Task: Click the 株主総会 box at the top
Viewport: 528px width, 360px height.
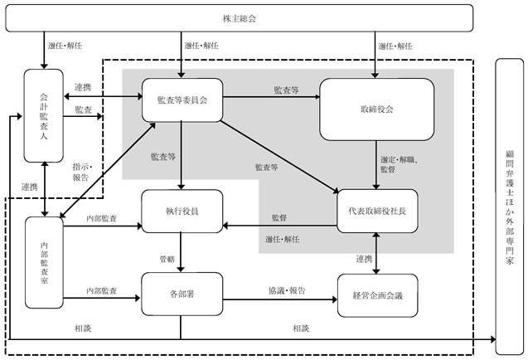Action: pyautogui.click(x=239, y=18)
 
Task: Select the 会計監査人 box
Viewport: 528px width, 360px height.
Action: pyautogui.click(x=43, y=115)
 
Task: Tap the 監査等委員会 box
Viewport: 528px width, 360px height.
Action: pyautogui.click(x=182, y=100)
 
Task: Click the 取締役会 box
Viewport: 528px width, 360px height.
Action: pyautogui.click(x=376, y=109)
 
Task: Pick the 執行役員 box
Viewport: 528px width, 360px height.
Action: pyautogui.click(x=182, y=211)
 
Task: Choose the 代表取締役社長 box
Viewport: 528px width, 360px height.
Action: pyautogui.click(x=377, y=211)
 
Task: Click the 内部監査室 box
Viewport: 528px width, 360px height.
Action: pyautogui.click(x=44, y=262)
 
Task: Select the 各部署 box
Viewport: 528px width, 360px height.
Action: pyautogui.click(x=182, y=294)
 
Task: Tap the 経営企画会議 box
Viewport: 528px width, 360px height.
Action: pyautogui.click(x=377, y=295)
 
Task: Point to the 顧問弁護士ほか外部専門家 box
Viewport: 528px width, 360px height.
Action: pyautogui.click(x=510, y=207)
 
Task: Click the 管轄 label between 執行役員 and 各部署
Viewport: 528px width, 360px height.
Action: pyautogui.click(x=167, y=259)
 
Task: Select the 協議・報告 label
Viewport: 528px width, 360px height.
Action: pyautogui.click(x=287, y=290)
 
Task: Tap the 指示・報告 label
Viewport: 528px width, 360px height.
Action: pyautogui.click(x=82, y=173)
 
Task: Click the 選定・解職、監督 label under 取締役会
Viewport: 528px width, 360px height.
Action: pyautogui.click(x=399, y=164)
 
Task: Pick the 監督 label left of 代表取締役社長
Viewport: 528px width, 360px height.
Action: pyautogui.click(x=279, y=218)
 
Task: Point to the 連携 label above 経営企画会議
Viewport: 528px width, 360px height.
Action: pyautogui.click(x=364, y=259)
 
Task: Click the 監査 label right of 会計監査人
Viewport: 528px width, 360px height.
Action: pyautogui.click(x=83, y=109)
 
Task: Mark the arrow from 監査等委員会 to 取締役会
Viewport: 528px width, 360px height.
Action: pyautogui.click(x=271, y=97)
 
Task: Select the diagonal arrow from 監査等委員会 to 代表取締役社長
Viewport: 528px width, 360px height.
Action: pyautogui.click(x=279, y=157)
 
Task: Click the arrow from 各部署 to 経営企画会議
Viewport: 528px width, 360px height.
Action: pyautogui.click(x=280, y=299)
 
